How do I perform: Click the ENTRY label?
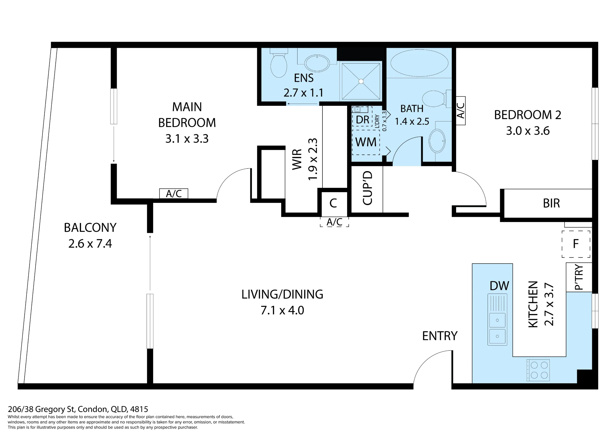[440, 336]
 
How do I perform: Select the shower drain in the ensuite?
[361, 81]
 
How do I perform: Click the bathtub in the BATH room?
[419, 63]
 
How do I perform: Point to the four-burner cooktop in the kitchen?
[538, 370]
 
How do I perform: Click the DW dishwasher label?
[499, 286]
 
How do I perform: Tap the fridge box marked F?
[576, 244]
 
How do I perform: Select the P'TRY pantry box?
[579, 277]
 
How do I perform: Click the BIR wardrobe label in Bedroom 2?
[551, 204]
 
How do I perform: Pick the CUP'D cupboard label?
[368, 188]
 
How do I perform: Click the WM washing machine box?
[366, 142]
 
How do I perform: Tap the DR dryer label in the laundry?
[362, 120]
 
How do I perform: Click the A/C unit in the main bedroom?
[174, 194]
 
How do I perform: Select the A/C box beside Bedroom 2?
[461, 111]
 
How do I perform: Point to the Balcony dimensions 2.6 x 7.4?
[90, 244]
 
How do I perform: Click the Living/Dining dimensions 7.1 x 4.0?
[282, 311]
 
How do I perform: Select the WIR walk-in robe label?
[297, 159]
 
